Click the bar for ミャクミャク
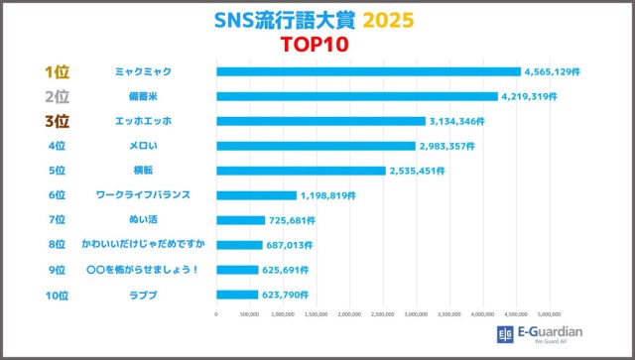[x=368, y=71]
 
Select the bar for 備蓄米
[x=356, y=96]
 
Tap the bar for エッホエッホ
[x=320, y=121]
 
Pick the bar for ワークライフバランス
[x=256, y=195]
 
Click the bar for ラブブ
[x=237, y=295]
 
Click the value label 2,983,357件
[x=451, y=146]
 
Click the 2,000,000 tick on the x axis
[x=349, y=315]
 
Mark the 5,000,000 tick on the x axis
[x=549, y=315]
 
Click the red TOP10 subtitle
[x=316, y=45]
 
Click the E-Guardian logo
[x=540, y=333]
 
